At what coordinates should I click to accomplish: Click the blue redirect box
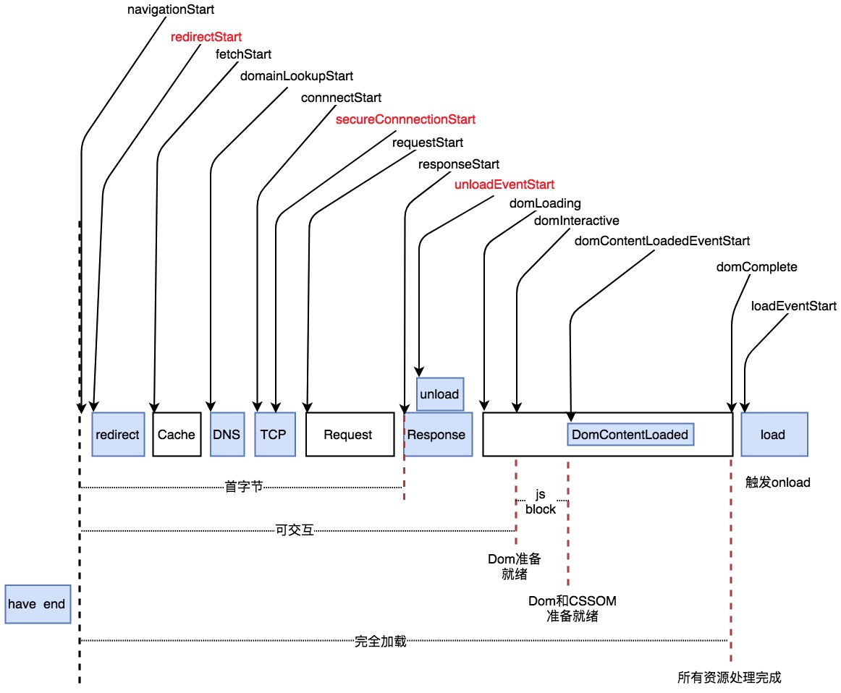pyautogui.click(x=118, y=435)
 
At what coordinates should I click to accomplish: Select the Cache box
pyautogui.click(x=177, y=435)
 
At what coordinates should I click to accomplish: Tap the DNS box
pyautogui.click(x=227, y=435)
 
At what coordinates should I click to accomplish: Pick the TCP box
pyautogui.click(x=273, y=435)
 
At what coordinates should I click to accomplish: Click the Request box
pyautogui.click(x=348, y=435)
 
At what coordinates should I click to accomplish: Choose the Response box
pyautogui.click(x=436, y=435)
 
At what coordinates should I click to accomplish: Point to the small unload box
pyautogui.click(x=439, y=394)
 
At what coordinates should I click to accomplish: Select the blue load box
pyautogui.click(x=773, y=435)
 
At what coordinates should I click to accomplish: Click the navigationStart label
pyautogui.click(x=171, y=10)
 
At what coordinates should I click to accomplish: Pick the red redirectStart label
pyautogui.click(x=206, y=36)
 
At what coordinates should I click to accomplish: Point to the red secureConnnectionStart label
pyautogui.click(x=406, y=119)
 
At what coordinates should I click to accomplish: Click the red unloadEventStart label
pyautogui.click(x=504, y=184)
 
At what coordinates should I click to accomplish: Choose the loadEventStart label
pyautogui.click(x=794, y=307)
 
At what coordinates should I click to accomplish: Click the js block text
pyautogui.click(x=541, y=502)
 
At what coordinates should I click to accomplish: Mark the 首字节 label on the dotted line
pyautogui.click(x=243, y=488)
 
